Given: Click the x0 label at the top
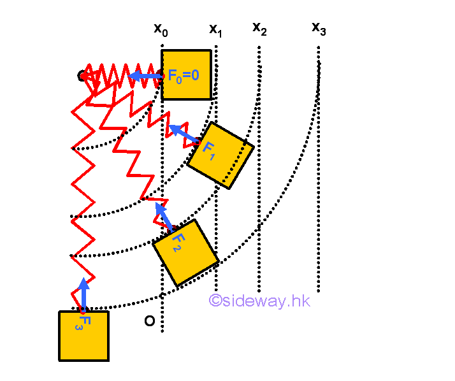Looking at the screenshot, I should coord(161,29).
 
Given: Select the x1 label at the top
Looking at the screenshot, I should coord(216,29).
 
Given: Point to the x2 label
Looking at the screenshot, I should coord(259,28).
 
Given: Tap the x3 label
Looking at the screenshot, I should coord(319,28).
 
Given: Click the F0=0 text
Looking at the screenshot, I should coord(184,76).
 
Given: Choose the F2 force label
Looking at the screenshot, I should coord(178,241).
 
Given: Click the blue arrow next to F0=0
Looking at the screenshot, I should coord(145,76).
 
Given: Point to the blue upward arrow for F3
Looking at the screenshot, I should coord(83,294).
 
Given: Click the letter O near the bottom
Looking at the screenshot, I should coord(149,320).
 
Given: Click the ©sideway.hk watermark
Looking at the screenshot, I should coord(259,301).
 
